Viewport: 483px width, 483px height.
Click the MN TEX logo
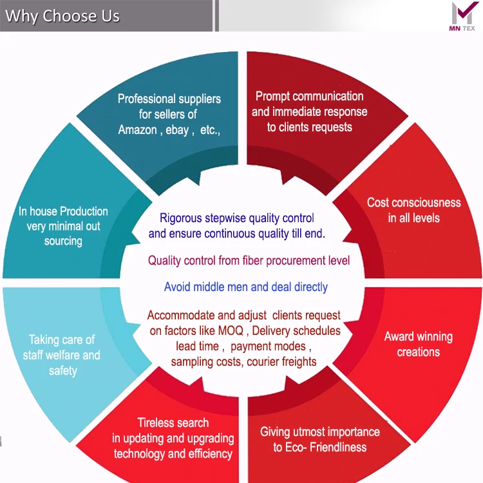[462, 17]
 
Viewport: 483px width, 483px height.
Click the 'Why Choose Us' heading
[62, 16]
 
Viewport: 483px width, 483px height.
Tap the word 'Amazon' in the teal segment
[137, 129]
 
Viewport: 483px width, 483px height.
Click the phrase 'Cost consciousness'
[413, 202]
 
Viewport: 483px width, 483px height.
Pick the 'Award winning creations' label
[418, 344]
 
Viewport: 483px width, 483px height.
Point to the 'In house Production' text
[63, 211]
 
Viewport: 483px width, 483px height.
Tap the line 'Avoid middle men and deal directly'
[245, 287]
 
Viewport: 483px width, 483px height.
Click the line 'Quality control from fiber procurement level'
[249, 261]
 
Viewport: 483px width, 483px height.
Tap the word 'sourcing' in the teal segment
[63, 241]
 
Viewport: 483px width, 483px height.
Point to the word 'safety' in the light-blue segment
[62, 371]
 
